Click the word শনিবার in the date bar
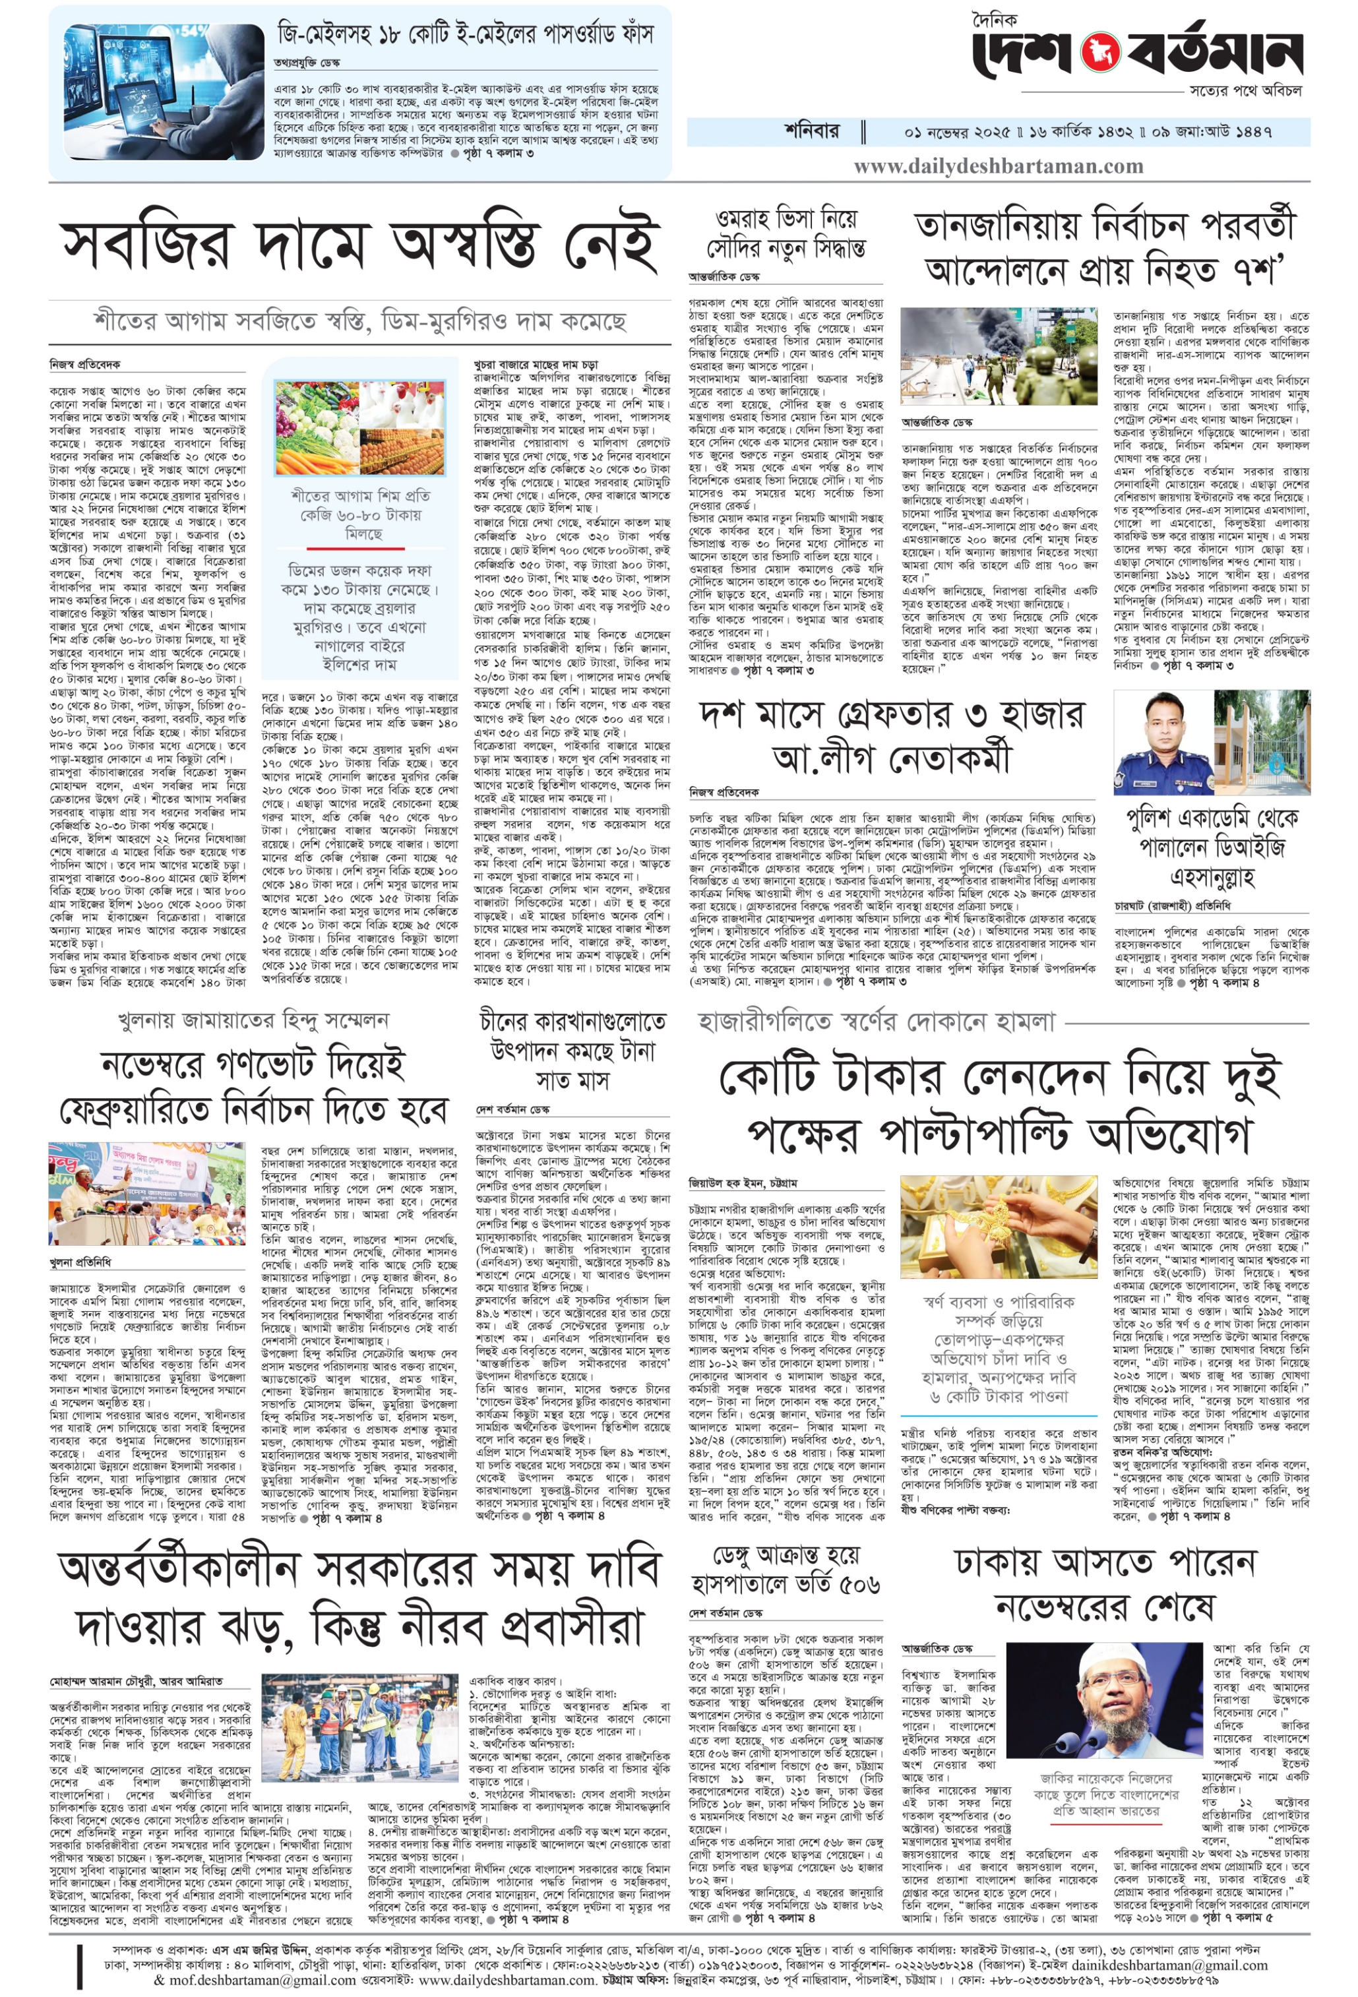[x=811, y=131]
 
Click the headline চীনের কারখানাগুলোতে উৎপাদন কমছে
[x=572, y=1050]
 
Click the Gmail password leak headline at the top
[x=465, y=34]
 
